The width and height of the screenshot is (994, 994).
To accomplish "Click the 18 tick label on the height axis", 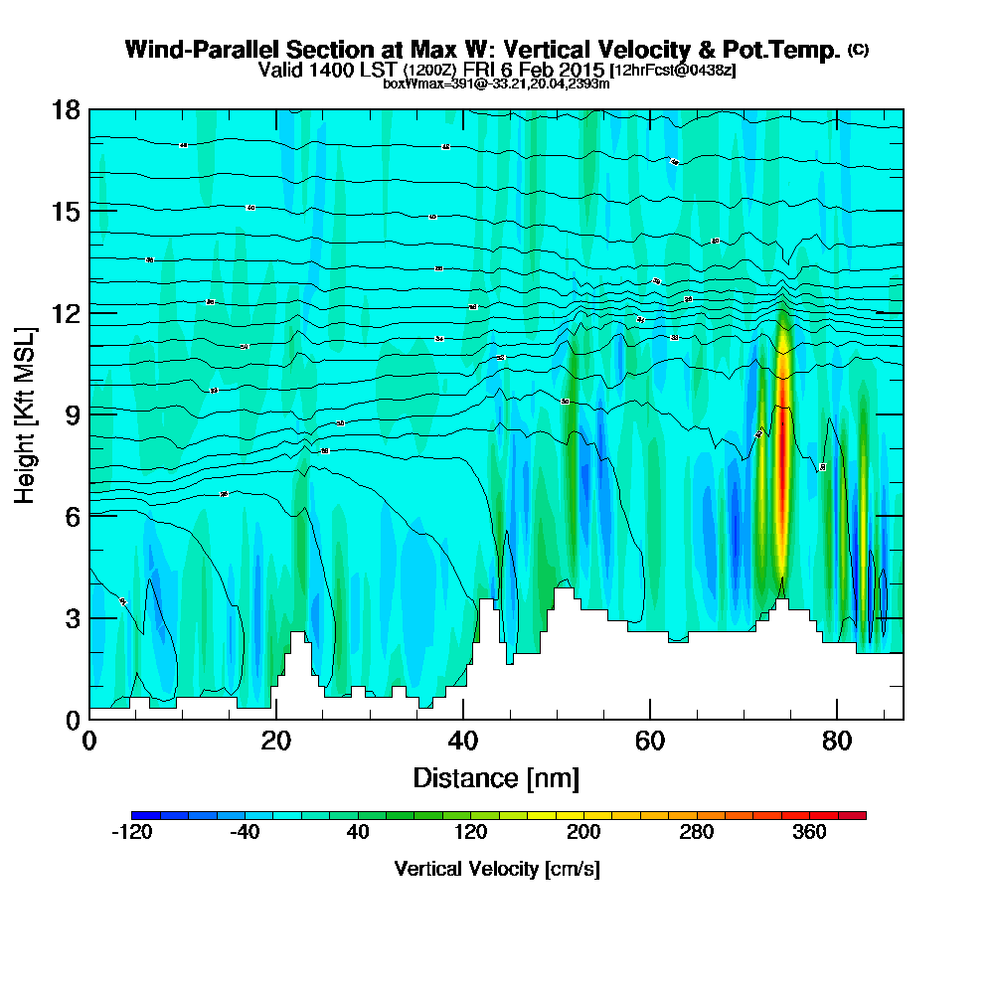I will click(66, 109).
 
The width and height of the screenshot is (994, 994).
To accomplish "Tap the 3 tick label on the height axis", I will click(72, 617).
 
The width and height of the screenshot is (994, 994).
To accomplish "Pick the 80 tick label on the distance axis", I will click(837, 742).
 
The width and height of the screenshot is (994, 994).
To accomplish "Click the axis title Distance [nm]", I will click(496, 776).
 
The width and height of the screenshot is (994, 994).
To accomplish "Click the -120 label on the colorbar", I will click(131, 833).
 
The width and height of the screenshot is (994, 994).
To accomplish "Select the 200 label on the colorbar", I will click(583, 833).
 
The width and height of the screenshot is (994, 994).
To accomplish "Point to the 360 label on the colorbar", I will click(809, 833).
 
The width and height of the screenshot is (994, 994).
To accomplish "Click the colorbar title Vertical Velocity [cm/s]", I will click(497, 869).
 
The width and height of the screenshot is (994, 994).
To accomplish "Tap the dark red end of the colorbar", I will click(857, 815).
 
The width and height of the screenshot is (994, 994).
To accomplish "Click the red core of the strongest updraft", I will click(781, 457).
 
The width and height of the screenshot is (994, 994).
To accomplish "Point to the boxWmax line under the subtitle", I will click(496, 83).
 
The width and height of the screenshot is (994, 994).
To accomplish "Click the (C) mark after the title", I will click(858, 49).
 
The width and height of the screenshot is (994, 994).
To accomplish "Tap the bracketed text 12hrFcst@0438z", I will click(673, 71).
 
